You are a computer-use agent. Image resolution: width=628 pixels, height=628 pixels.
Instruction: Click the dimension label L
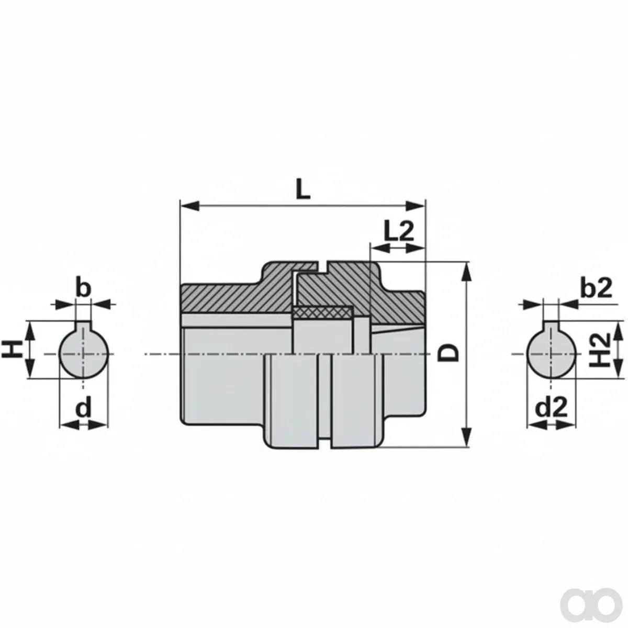303,188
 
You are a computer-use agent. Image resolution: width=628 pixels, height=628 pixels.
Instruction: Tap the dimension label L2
398,231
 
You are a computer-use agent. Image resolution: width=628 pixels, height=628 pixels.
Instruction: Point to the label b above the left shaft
83,286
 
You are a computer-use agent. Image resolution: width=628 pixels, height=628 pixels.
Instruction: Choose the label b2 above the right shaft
597,287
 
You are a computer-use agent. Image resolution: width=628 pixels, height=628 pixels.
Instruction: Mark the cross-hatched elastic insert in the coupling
323,312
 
